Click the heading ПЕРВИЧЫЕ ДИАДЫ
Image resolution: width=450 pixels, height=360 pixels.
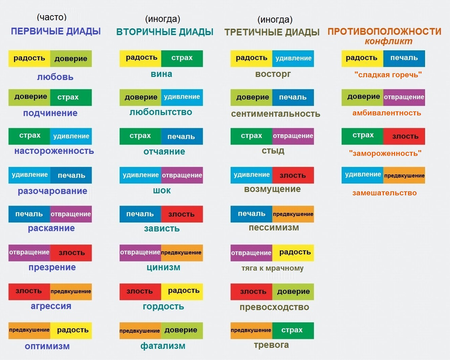tap(56, 31)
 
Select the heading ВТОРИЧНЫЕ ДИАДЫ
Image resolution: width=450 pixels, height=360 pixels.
tap(165, 32)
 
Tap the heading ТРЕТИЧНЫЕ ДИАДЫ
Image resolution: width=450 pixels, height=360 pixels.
tap(272, 32)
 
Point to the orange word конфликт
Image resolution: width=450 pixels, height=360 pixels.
tap(388, 41)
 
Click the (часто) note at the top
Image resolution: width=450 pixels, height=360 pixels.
tap(52, 17)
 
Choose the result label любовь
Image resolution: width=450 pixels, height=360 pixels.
tap(55, 77)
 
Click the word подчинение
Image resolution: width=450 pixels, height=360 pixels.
tap(50, 113)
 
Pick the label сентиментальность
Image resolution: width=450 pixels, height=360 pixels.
tap(275, 114)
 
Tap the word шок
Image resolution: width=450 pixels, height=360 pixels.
tap(162, 191)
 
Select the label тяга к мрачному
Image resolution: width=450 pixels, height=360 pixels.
tap(272, 268)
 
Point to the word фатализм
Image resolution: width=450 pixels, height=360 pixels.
tap(163, 346)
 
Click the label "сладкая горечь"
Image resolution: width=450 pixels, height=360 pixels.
tap(388, 75)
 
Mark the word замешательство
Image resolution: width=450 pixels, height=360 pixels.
tap(384, 193)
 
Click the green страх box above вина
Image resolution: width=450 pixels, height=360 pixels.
tap(182, 58)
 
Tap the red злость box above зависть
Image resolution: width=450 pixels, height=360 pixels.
tap(182, 214)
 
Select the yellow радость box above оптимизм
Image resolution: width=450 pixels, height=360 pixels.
tap(71, 330)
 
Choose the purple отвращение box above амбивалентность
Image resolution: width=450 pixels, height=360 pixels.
tap(404, 98)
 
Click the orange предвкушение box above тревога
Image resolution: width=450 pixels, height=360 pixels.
tap(251, 330)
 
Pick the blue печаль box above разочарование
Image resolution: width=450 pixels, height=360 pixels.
tap(71, 175)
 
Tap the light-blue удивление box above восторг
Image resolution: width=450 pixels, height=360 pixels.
tap(293, 58)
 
